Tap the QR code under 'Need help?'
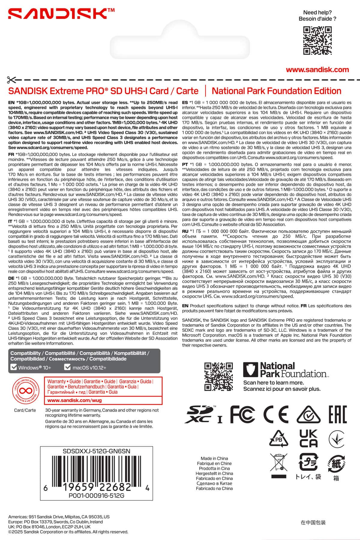317,41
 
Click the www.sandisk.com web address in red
317,70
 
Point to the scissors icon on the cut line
12,80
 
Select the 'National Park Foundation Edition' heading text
276,91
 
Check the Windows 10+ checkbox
13,367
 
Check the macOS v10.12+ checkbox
67,367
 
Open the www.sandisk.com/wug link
74,400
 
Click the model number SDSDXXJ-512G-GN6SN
96,451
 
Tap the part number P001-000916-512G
96,496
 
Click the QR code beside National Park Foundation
218,376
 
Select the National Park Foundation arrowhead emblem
250,370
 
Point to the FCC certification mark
242,414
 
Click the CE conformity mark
276,414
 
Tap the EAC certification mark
337,414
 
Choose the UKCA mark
308,438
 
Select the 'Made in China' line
214,458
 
